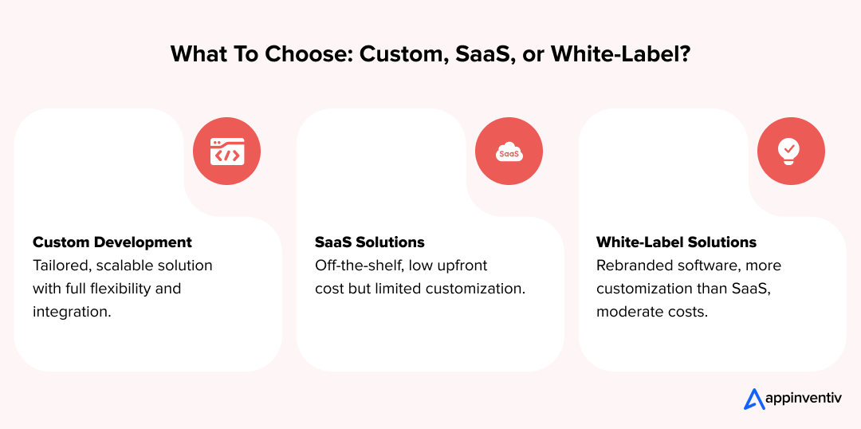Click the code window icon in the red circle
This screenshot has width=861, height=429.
pos(227,152)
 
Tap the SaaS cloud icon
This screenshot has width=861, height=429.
pos(509,152)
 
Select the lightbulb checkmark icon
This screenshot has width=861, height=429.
pos(790,151)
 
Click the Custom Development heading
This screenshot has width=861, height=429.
pos(112,242)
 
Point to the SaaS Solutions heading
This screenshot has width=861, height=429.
pos(370,242)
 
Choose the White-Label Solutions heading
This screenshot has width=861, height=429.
pos(676,242)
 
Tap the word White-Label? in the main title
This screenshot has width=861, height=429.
pos(621,54)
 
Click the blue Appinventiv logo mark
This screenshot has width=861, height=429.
pos(754,399)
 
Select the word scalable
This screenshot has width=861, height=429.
pos(134,265)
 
